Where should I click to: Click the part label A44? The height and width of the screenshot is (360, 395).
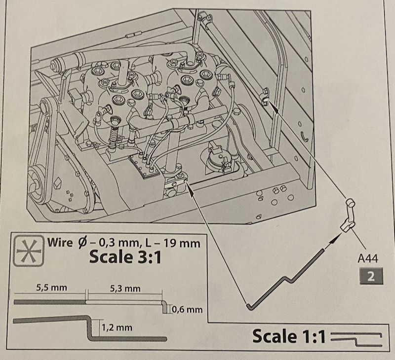click(368, 258)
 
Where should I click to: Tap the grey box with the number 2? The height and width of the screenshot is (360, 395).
click(371, 276)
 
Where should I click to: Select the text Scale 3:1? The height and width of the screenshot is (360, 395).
click(125, 257)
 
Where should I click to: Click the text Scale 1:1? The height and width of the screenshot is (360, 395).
click(289, 336)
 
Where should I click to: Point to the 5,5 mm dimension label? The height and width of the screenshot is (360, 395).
click(52, 288)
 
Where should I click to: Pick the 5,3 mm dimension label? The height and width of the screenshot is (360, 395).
click(125, 288)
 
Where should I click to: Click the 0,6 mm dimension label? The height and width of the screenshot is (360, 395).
click(187, 309)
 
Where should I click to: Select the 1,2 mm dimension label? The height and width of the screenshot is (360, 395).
click(117, 327)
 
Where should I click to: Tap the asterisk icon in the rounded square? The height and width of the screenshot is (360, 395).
click(29, 251)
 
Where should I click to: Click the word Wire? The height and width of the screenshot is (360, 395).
click(60, 242)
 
